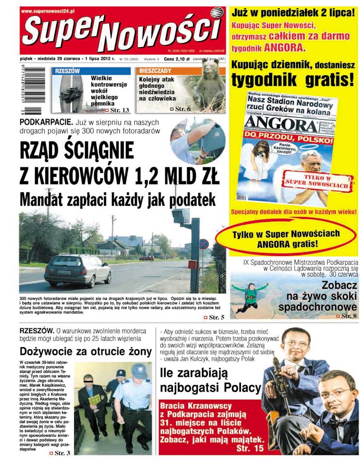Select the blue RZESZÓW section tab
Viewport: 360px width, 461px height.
tap(68, 71)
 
